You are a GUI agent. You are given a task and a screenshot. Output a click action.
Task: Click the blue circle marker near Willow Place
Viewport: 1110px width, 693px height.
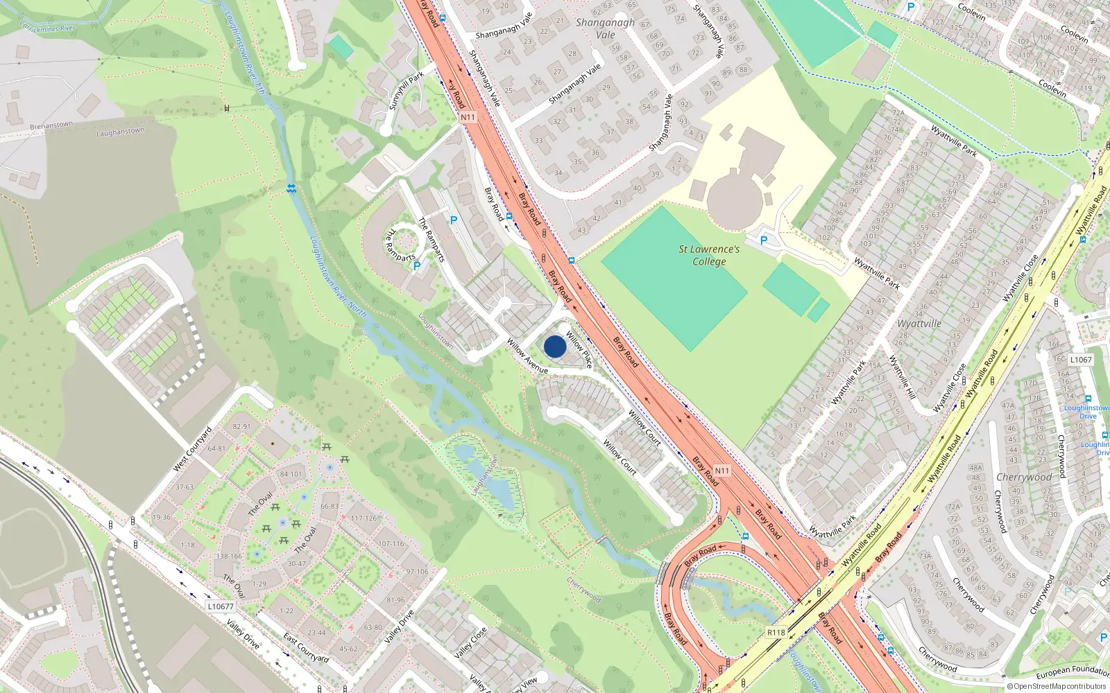point(554,346)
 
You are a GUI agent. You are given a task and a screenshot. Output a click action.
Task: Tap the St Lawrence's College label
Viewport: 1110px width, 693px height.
point(709,255)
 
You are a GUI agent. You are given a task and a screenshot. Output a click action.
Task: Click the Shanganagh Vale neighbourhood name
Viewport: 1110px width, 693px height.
point(605,28)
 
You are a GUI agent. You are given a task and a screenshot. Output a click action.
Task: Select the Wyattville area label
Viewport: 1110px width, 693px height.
point(919,324)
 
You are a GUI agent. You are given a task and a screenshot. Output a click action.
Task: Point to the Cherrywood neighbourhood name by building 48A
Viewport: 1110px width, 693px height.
point(1024,477)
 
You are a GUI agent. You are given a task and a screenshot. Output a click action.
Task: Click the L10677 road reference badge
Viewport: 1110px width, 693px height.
point(221,606)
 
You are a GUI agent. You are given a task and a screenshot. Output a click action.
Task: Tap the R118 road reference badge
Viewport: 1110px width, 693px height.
point(776,633)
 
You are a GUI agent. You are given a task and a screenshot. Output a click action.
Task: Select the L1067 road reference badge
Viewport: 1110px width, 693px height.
point(1081,360)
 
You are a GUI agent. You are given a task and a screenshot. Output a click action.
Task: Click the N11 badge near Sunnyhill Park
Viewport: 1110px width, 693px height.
point(468,117)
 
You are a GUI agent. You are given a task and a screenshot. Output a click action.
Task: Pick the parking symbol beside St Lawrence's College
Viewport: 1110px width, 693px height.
point(764,240)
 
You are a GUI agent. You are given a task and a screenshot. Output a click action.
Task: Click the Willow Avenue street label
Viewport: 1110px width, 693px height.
point(527,356)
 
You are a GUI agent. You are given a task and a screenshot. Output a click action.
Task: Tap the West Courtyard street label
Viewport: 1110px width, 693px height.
point(192,450)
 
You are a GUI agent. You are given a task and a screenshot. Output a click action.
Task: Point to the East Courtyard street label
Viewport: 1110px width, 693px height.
point(306,647)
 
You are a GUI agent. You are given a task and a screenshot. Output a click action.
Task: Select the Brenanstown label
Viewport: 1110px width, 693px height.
point(51,125)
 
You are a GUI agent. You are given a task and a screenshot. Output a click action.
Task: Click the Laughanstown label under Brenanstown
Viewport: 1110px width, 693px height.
point(120,132)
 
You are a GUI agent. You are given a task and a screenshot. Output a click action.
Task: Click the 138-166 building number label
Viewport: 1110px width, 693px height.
point(229,556)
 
